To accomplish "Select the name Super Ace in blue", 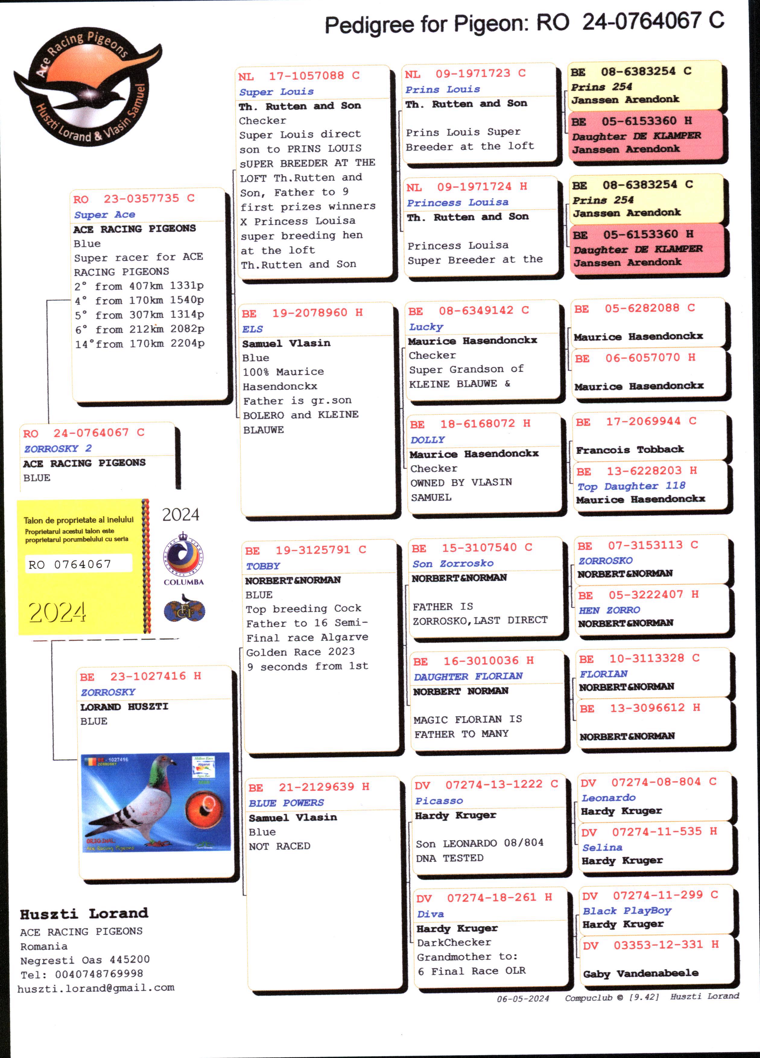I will (x=105, y=215).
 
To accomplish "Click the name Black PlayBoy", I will (x=627, y=911).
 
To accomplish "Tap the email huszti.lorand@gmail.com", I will (x=96, y=987).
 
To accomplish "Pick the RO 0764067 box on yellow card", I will (x=78, y=564).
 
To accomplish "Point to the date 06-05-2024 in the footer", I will (x=523, y=999).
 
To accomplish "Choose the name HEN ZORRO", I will (x=609, y=610).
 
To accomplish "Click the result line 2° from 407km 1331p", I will (x=139, y=286).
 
